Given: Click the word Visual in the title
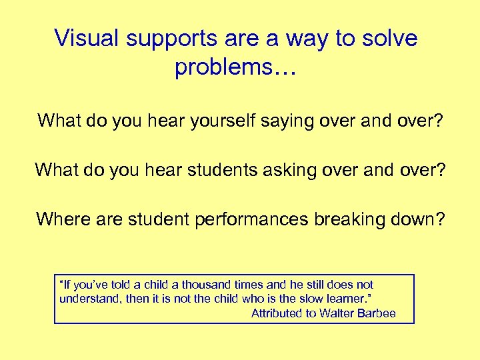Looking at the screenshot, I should [x=86, y=38].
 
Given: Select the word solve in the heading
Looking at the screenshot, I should [x=389, y=38].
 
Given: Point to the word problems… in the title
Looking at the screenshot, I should [x=233, y=68].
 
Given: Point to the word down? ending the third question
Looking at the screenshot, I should [x=421, y=219].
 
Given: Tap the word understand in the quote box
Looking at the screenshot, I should [x=89, y=299].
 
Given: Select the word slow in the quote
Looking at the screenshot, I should [x=299, y=299].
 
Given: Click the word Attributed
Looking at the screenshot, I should [x=277, y=313].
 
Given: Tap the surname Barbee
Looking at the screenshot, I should [x=378, y=313].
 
